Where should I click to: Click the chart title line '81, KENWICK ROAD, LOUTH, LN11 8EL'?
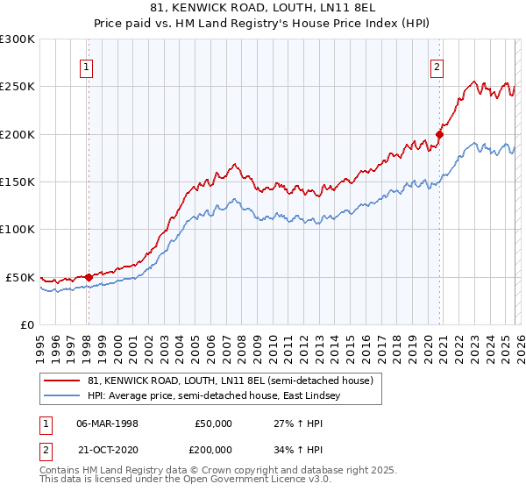tap(262, 8)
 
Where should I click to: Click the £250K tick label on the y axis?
tap(18, 87)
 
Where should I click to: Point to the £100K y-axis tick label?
tap(18, 230)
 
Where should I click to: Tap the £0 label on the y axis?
tap(26, 324)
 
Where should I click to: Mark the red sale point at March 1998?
tap(89, 277)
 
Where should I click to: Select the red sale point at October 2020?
tap(439, 135)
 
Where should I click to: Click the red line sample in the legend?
tap(63, 381)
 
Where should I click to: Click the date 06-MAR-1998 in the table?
tap(107, 423)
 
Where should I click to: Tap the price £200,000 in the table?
tap(214, 448)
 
